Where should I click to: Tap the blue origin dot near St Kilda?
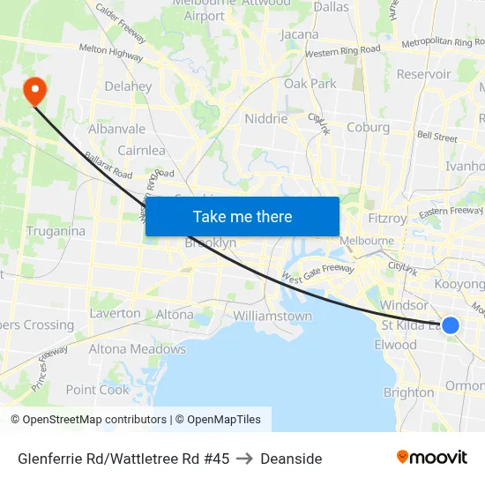[450, 325]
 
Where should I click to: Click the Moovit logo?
[431, 457]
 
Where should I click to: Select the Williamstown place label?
[272, 316]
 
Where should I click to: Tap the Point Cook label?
[97, 390]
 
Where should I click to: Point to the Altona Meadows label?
[137, 349]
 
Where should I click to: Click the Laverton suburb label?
[115, 313]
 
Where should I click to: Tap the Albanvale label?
[116, 129]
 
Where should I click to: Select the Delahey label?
[128, 87]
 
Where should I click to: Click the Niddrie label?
[266, 119]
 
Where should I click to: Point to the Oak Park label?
[310, 84]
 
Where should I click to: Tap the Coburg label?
[368, 127]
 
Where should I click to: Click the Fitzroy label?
[387, 218]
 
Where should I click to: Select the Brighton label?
[408, 392]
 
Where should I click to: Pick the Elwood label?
[395, 345]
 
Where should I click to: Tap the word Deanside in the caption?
[291, 459]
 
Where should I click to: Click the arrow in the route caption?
[244, 459]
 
